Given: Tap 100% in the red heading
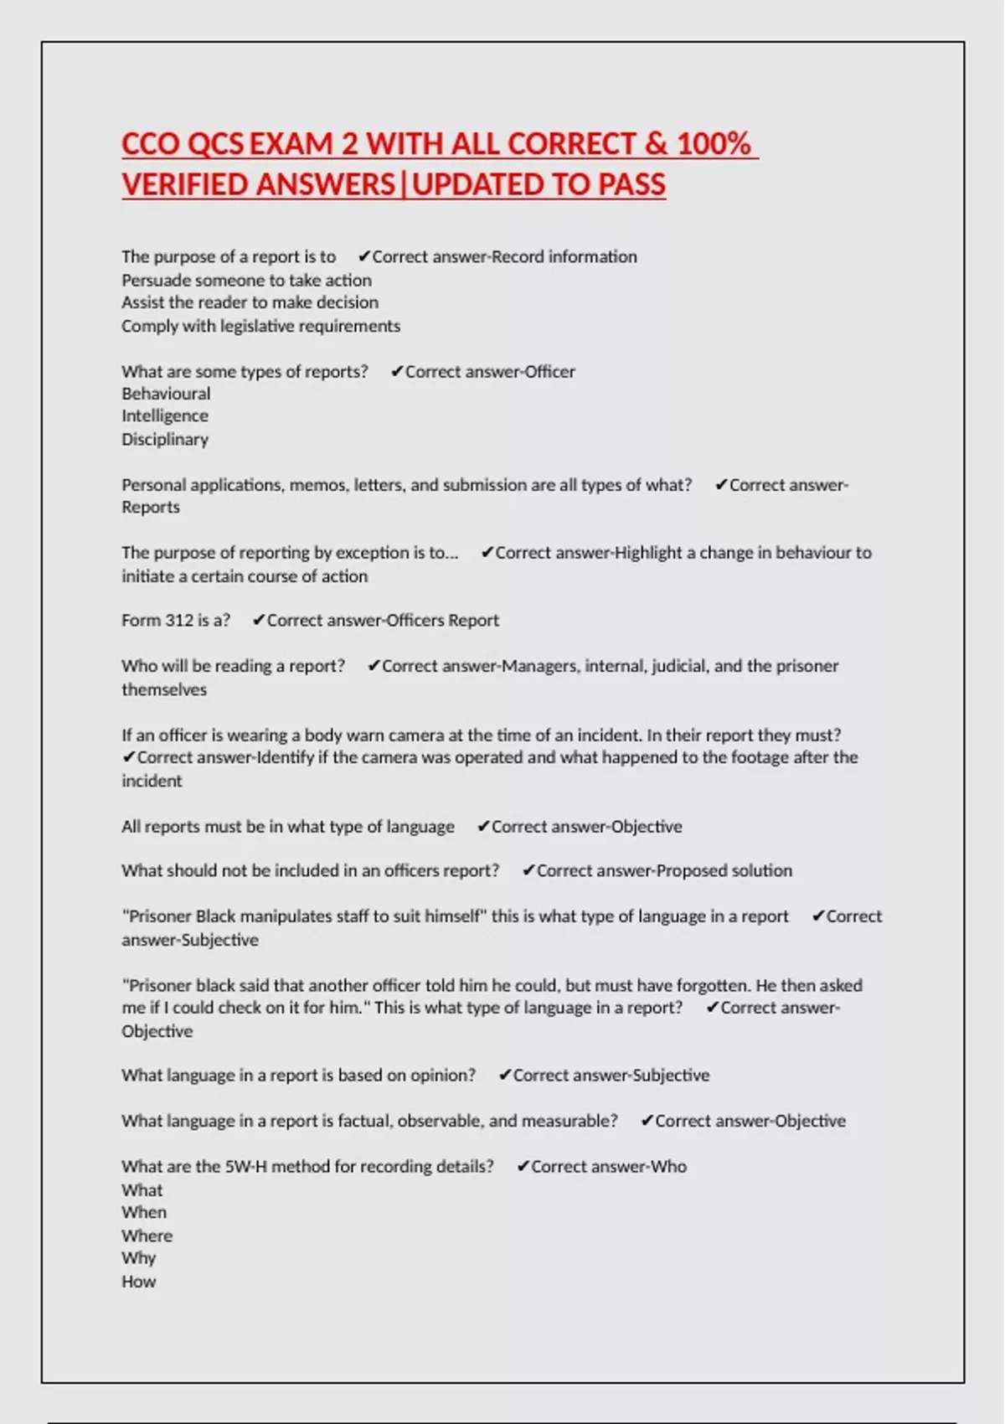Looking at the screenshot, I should click(714, 144).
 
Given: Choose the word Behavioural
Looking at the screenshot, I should click(166, 394).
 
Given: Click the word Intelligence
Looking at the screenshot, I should click(165, 416).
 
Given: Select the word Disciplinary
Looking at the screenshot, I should click(165, 440).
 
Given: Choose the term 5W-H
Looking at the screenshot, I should click(246, 1167).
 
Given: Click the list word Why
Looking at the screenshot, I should click(138, 1258).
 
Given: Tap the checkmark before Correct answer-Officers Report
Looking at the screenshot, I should click(259, 621).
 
